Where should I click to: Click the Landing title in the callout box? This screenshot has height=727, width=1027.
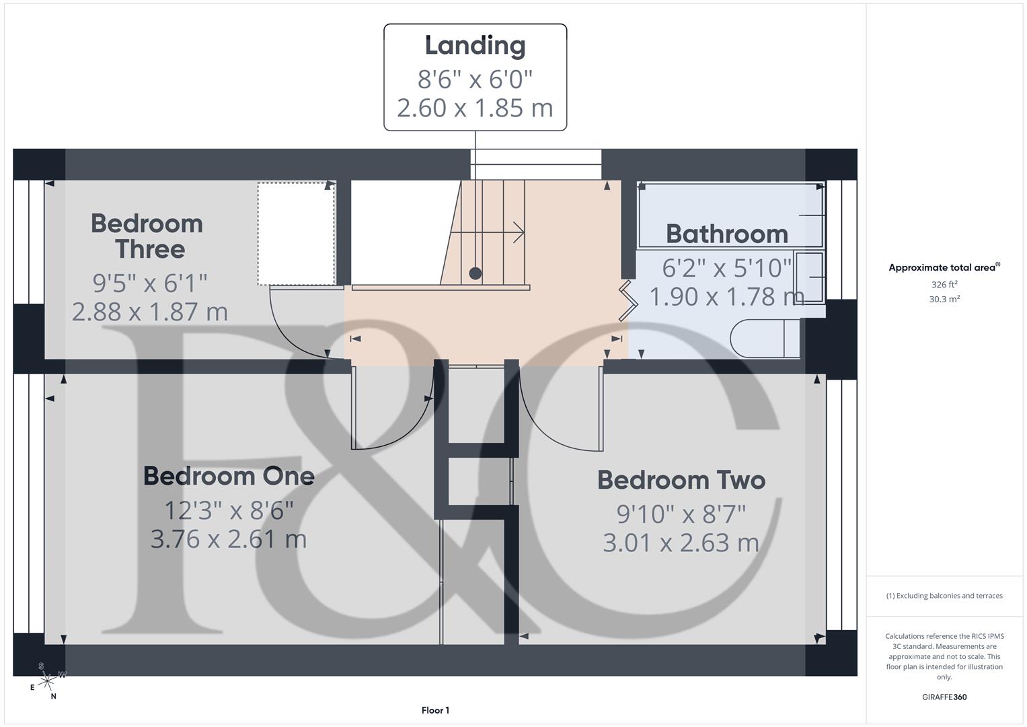(x=475, y=46)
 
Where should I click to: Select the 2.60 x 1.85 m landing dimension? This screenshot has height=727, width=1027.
(x=475, y=108)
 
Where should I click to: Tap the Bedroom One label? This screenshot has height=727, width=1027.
(x=229, y=476)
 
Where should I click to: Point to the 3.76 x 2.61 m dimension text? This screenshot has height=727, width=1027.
(x=229, y=539)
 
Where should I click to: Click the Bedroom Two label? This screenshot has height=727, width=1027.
(x=681, y=480)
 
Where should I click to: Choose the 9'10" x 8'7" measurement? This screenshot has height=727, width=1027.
(x=681, y=514)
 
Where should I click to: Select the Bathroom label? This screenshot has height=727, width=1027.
(x=726, y=234)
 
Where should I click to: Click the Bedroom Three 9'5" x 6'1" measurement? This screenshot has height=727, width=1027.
(x=149, y=283)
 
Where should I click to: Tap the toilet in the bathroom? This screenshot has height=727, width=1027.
(x=763, y=339)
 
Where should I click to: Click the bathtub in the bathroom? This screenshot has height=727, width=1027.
(x=730, y=215)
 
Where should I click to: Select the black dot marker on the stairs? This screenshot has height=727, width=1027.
(x=475, y=273)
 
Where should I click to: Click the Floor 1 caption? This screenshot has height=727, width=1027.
(x=435, y=710)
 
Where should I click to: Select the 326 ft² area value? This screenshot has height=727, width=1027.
(x=944, y=285)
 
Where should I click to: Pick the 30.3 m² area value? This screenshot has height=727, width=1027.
(x=944, y=300)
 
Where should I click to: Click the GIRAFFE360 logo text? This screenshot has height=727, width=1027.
(x=944, y=697)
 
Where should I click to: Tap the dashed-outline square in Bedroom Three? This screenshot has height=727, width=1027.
(x=296, y=234)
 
